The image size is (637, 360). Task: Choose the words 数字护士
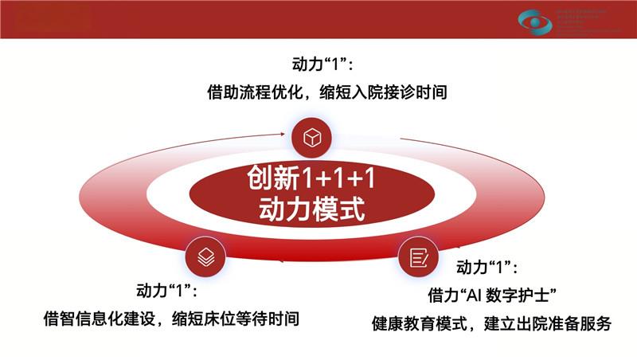pyautogui.click(x=533, y=295)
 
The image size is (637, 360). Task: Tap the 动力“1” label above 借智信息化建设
pyautogui.click(x=167, y=289)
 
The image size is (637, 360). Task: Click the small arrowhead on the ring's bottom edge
pyautogui.click(x=280, y=260)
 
